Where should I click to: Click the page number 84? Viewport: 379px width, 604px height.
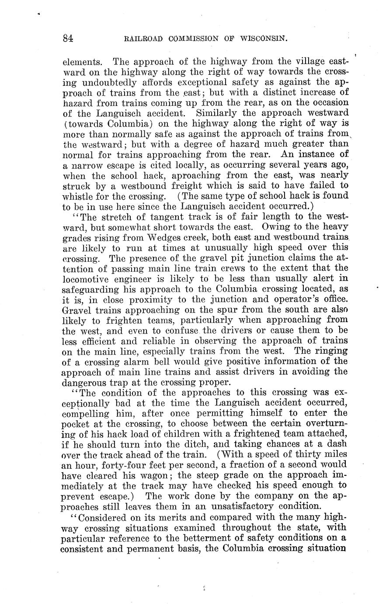[x=68, y=38]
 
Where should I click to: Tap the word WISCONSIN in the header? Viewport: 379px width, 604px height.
[x=263, y=38]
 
